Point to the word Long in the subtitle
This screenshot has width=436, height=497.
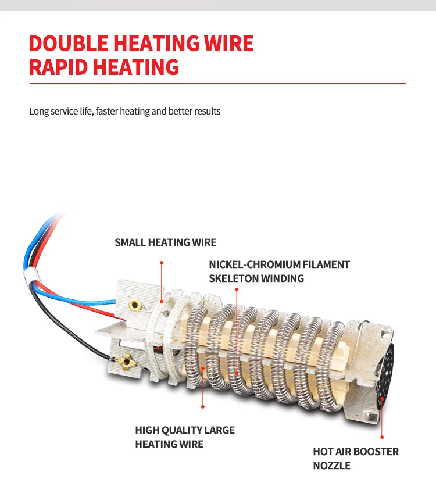coord(39,111)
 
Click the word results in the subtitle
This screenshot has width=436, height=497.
coord(207,111)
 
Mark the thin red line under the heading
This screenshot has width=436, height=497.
coord(217,84)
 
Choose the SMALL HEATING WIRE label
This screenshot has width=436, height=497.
coord(165,242)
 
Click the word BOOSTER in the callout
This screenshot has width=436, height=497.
coord(374,452)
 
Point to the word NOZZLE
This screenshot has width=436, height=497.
coord(332,466)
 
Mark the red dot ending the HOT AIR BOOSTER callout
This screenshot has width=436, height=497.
coord(382,437)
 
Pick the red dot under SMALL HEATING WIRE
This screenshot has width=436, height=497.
coord(162,262)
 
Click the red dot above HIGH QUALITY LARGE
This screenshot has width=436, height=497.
coord(202,406)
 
